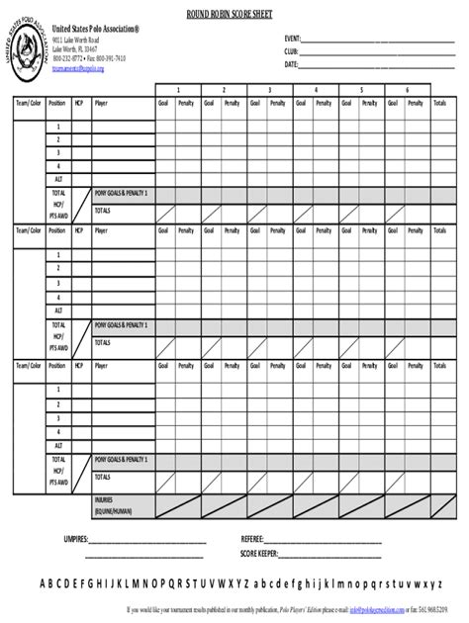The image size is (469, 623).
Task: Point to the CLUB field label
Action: pos(291,49)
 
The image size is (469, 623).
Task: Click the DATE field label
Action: pos(291,63)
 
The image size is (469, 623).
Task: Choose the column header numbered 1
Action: pos(179,90)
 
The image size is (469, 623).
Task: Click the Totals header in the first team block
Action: pos(439,102)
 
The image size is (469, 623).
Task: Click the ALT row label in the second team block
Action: pos(57,311)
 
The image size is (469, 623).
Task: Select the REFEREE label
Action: pos(252,540)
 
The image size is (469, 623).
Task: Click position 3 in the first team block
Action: pos(57,153)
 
